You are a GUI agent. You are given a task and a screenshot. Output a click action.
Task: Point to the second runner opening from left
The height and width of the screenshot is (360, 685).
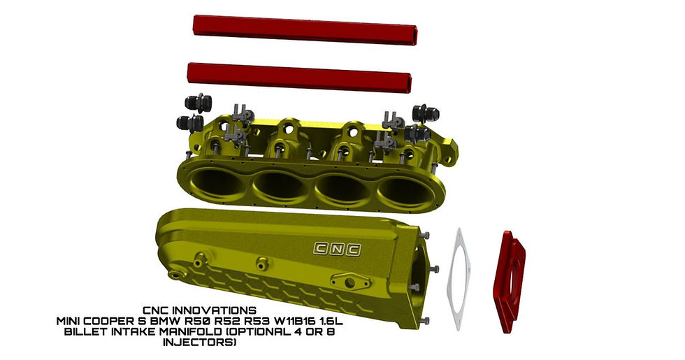point(281,187)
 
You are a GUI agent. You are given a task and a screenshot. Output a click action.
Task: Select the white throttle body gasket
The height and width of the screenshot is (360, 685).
point(462,278)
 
